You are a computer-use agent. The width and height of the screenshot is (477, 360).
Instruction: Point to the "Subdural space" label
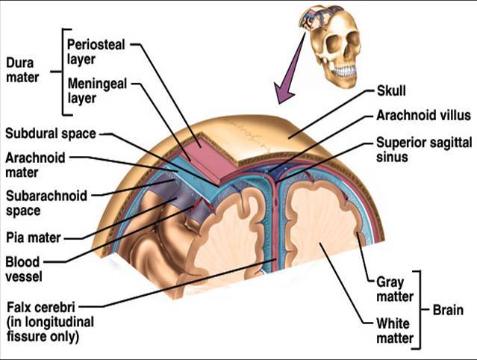point(50,134)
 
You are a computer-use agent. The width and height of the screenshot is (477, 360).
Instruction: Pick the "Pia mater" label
point(32,238)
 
